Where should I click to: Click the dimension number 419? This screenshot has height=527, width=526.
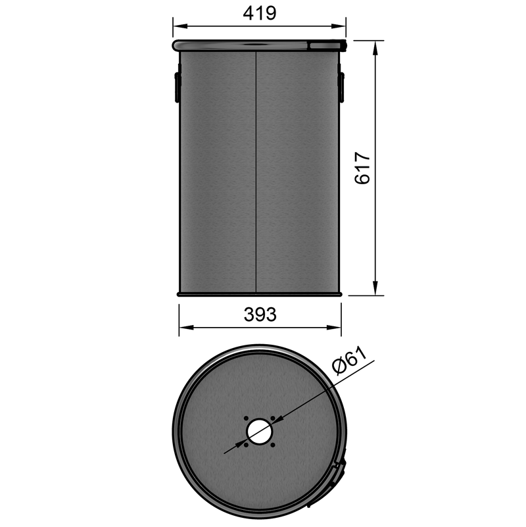coord(259,13)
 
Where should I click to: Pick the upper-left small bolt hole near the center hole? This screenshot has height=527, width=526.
coord(245,418)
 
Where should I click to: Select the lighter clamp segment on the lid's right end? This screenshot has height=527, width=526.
coord(327,45)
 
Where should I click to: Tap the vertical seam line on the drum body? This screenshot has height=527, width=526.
coord(255,171)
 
